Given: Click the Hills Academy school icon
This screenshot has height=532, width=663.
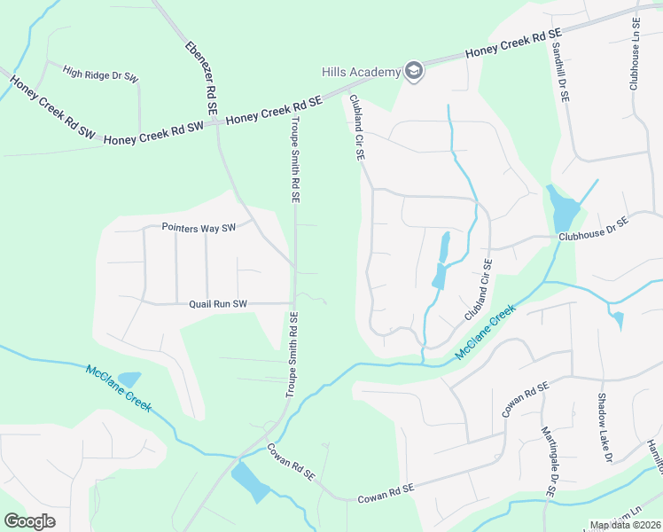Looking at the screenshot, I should coord(413,71).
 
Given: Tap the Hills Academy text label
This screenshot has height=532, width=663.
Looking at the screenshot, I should coord(361,72).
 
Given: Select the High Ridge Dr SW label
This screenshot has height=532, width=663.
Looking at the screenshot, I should coord(101,74).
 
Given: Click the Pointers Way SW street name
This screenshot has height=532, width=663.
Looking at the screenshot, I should coord(199,228).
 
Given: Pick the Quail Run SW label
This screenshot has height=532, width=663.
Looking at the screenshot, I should coord(217,304).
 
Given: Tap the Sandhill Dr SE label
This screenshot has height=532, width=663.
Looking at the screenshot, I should coord(559,70).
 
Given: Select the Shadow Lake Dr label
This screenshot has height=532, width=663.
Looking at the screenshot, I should coord(604,428).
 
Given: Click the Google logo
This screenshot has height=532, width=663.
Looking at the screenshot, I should coord(30,520).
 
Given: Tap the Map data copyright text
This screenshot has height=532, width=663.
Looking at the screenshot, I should coord(625,525).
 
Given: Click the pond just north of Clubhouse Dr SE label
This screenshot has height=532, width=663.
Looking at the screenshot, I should coord(562,209).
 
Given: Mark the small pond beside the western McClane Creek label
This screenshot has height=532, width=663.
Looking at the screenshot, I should coord(129,379).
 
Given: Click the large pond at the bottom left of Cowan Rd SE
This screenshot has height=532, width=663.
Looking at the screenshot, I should coord(249,482).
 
